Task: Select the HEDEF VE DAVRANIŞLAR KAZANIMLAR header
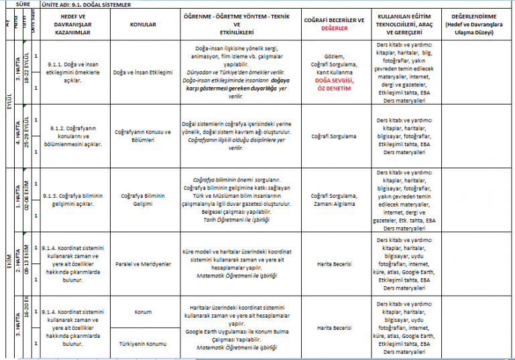tap(74, 24)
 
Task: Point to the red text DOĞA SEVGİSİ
tap(333, 80)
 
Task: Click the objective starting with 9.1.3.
tap(74, 199)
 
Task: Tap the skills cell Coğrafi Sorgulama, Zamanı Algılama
tap(333, 199)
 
